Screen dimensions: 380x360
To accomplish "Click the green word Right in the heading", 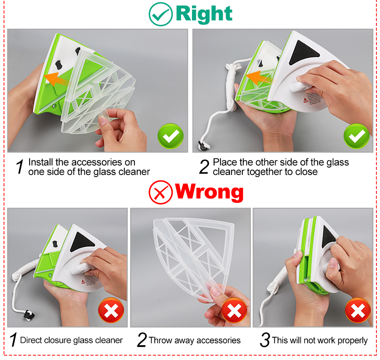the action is coord(204,14).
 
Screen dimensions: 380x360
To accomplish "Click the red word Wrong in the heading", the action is coord(209,192).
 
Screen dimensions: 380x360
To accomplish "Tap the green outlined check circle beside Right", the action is coord(161,14).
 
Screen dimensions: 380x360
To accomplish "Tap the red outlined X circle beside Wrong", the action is coord(161,192).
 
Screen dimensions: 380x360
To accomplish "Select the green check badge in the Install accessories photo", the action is coord(170,136).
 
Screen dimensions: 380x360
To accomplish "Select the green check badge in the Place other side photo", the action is coord(356,136).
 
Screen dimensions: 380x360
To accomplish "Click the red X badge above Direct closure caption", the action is coord(111,310).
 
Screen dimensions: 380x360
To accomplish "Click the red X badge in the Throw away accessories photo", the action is coord(234,310).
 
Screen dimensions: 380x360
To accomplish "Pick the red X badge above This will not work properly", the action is coord(358,310).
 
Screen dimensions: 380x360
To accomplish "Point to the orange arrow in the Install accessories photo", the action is coord(56,80).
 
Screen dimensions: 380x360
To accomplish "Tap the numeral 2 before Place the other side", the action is coord(204,167).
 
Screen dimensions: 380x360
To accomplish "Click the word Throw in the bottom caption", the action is coord(160,340).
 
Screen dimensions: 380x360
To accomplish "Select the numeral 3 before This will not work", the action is coord(265,340).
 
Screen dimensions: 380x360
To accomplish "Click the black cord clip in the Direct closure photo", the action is coord(29,315).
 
